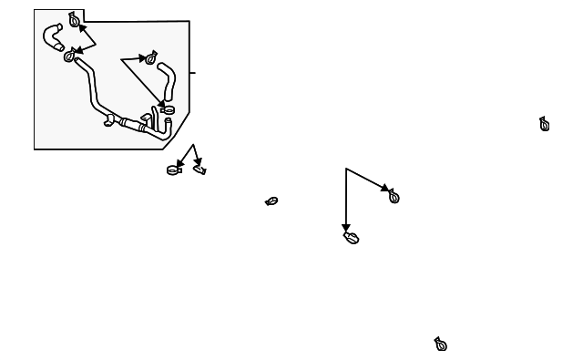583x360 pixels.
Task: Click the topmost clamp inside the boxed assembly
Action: [74, 20]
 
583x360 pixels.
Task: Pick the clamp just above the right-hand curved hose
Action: [151, 59]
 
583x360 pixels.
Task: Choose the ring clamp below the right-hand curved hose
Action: [168, 109]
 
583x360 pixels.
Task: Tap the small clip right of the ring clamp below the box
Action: [200, 169]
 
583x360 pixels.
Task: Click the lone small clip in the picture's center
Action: [271, 201]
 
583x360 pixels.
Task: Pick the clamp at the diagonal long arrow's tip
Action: [394, 196]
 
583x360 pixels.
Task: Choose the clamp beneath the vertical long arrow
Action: [352, 238]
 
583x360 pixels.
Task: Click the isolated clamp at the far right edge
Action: [545, 124]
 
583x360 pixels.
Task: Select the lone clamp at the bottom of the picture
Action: [441, 344]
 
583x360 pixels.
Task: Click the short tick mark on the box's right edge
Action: [193, 71]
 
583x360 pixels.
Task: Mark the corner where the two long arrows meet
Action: [346, 169]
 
